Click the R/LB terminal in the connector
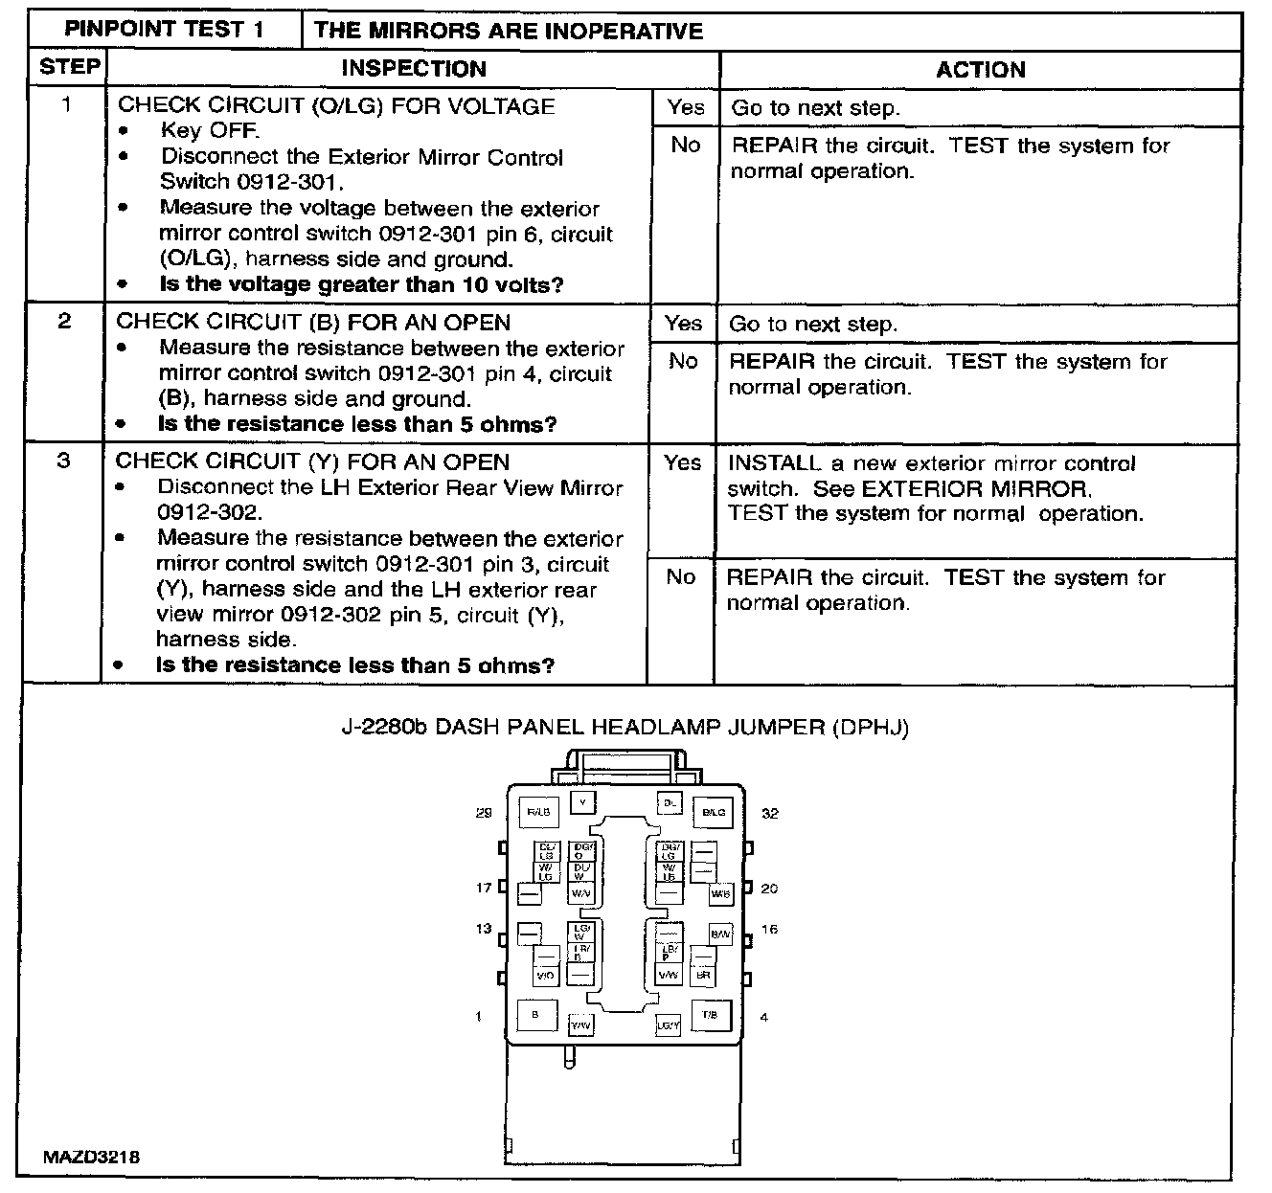537,812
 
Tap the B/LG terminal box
714,812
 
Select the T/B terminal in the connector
710,1015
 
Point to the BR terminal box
702,976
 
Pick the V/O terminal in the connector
545,976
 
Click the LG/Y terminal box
668,1026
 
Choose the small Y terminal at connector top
581,800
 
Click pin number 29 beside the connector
484,813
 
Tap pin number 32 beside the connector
770,813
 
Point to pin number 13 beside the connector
484,929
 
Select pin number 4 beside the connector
763,1017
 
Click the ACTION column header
980,70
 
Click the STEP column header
69,68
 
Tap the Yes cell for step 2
682,324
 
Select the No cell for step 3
680,576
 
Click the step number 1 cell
66,104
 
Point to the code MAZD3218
92,1157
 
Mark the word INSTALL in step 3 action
774,463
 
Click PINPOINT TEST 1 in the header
164,30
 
